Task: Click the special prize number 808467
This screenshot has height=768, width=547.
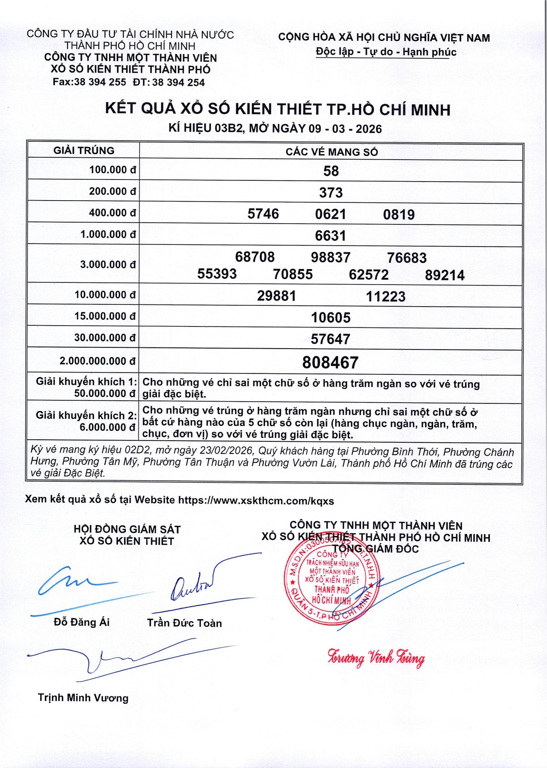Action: tap(330, 362)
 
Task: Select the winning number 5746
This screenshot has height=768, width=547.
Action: tap(263, 214)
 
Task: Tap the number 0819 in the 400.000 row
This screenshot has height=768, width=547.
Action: tap(399, 215)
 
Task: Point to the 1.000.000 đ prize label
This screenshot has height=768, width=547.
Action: tap(108, 234)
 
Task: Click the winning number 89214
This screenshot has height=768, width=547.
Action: tap(444, 275)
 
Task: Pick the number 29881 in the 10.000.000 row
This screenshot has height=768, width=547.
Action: tap(277, 296)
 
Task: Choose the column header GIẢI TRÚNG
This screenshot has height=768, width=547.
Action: tap(84, 151)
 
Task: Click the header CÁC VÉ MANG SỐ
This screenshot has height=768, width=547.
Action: tap(331, 152)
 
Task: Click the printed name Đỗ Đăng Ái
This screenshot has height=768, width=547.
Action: tap(82, 622)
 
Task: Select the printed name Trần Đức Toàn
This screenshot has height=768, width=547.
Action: tap(184, 623)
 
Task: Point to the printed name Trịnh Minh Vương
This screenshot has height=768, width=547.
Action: tap(83, 698)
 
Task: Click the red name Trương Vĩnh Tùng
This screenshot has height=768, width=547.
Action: tap(376, 658)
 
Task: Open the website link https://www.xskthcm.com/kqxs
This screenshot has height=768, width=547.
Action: tap(256, 501)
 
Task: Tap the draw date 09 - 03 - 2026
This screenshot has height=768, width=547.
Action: tap(345, 129)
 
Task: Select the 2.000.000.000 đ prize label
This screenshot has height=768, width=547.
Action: tap(97, 361)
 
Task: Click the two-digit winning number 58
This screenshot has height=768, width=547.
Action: tap(331, 171)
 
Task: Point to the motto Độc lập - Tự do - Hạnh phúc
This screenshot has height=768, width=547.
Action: tap(386, 52)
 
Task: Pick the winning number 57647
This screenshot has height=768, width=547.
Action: tap(330, 339)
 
